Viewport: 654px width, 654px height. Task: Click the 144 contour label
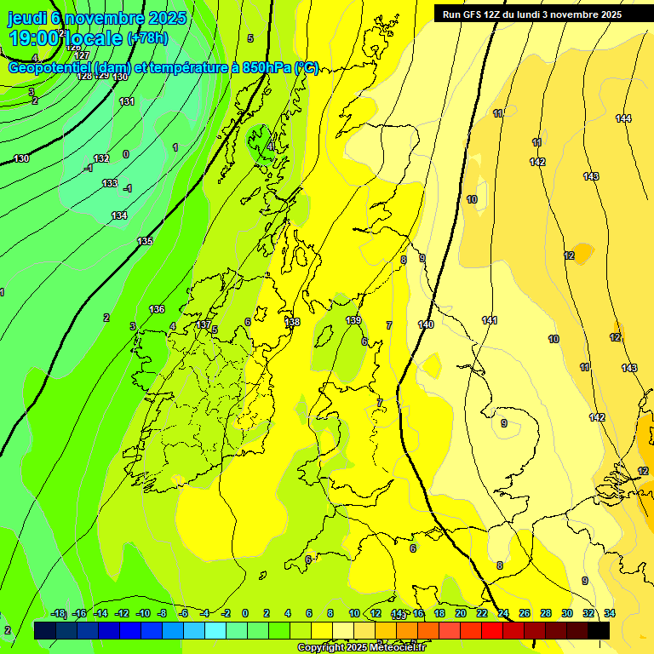tap(623, 118)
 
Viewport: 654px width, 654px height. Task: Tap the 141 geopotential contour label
tap(490, 320)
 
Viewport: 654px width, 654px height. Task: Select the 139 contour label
tap(353, 320)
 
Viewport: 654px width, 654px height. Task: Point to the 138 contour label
tap(292, 322)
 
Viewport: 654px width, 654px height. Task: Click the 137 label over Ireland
tap(204, 324)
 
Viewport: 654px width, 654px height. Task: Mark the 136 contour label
tap(157, 309)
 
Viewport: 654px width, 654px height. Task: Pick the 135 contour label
tap(146, 241)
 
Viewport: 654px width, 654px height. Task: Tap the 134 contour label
tap(119, 215)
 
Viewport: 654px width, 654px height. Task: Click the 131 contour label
tap(127, 101)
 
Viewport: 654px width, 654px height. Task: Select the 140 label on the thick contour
tap(426, 324)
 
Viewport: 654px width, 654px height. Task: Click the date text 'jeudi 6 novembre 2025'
tap(98, 17)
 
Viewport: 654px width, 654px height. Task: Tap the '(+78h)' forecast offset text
tap(147, 38)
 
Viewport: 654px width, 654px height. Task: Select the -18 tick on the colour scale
tap(58, 613)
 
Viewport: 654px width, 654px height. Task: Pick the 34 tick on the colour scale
tap(609, 613)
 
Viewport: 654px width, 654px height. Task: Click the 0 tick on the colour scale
tap(244, 613)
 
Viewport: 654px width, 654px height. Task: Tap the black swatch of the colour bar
tap(599, 630)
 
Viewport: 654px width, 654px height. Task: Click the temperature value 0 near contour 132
tap(126, 154)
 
